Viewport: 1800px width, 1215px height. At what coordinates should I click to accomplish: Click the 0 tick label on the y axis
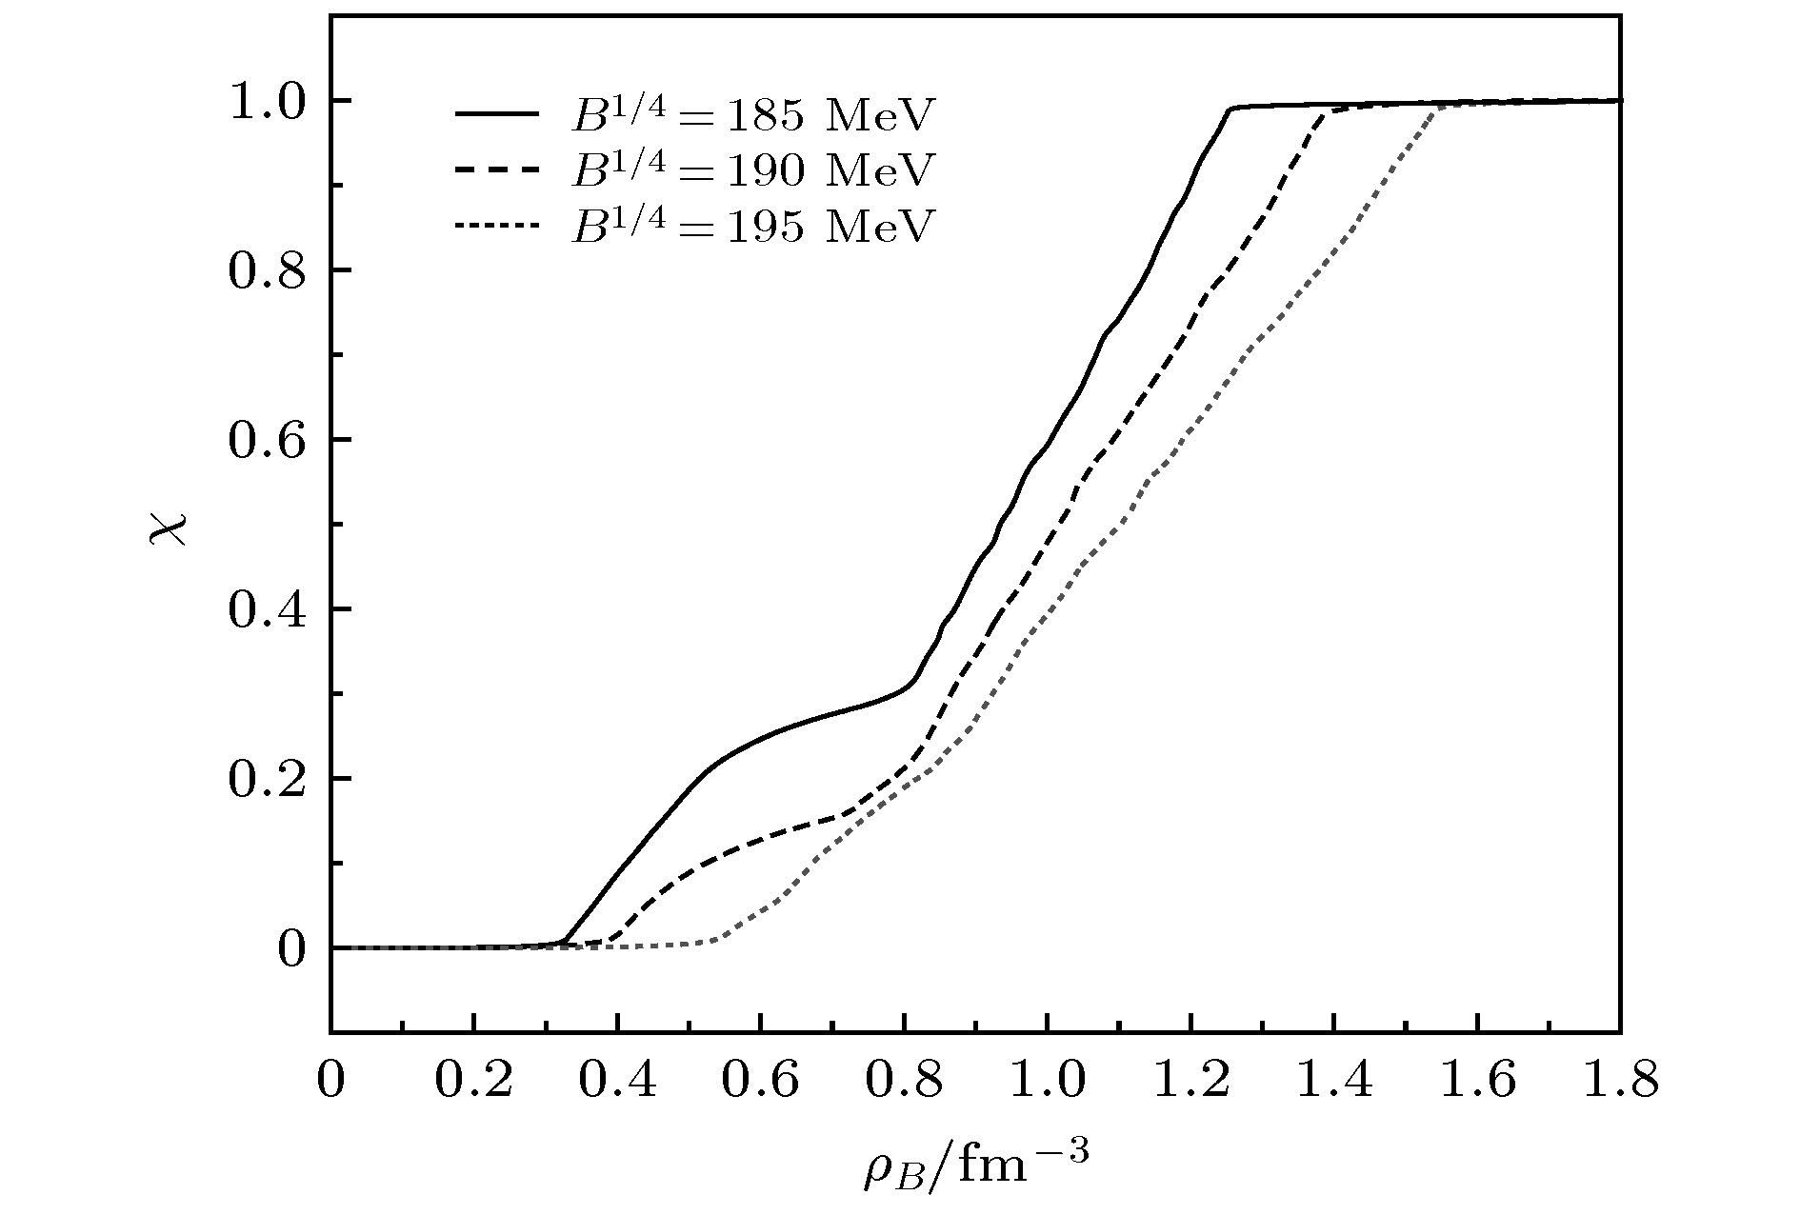[290, 949]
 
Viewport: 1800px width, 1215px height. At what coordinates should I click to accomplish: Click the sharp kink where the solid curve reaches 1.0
[1230, 109]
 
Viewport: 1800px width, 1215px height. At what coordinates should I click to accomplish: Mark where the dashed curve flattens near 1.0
[1327, 112]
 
